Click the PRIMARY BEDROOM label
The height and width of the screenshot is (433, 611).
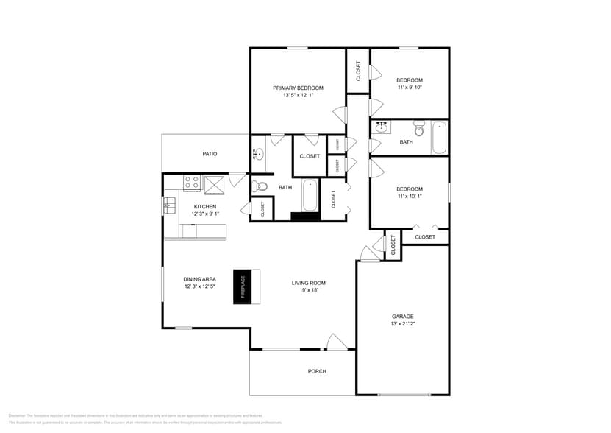point(298,88)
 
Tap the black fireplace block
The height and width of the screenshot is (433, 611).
point(243,286)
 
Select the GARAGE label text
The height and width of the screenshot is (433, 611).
point(402,316)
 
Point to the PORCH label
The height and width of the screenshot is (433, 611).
point(317,371)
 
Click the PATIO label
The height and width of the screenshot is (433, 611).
point(210,154)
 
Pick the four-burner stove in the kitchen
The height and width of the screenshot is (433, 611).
point(192,183)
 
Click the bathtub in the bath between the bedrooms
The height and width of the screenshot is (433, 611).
point(439,137)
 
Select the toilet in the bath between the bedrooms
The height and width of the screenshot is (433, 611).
point(419,129)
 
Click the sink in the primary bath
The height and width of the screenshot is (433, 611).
point(259,154)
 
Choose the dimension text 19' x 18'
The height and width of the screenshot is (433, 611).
point(308,290)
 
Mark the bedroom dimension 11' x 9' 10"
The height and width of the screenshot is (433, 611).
point(410,88)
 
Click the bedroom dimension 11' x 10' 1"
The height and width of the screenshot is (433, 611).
point(410,197)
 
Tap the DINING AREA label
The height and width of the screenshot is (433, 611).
point(199,279)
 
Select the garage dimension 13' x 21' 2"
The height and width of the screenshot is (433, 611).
point(402,324)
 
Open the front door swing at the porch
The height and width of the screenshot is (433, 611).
point(335,342)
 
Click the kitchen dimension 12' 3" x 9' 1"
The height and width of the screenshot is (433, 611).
point(204,214)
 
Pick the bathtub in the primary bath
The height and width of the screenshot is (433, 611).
point(309,195)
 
